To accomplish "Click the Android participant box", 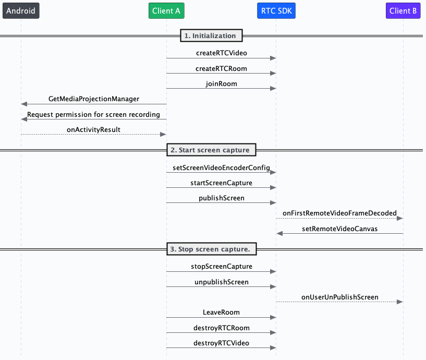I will point(21,10).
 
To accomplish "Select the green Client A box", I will point(167,10).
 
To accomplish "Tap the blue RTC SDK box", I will point(276,10).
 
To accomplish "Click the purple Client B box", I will point(404,10).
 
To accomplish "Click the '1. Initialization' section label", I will point(211,36).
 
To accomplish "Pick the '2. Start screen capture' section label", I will point(211,150).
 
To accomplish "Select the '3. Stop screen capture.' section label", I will point(211,249).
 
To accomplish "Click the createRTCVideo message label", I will point(221,53).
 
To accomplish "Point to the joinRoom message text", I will point(221,83).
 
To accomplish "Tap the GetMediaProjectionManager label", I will point(94,99).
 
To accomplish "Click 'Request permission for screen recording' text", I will point(94,114).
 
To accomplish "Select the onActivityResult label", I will point(94,129).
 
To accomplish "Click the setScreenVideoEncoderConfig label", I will point(221,167).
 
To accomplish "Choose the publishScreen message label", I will point(221,198).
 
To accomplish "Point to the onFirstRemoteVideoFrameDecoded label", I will point(339,213).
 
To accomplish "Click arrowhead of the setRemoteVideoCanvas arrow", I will point(279,234).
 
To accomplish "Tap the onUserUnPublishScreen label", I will point(339,297).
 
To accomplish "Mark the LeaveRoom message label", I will point(221,312).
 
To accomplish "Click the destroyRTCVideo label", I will point(221,343).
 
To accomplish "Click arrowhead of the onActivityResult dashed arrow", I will point(163,135).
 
